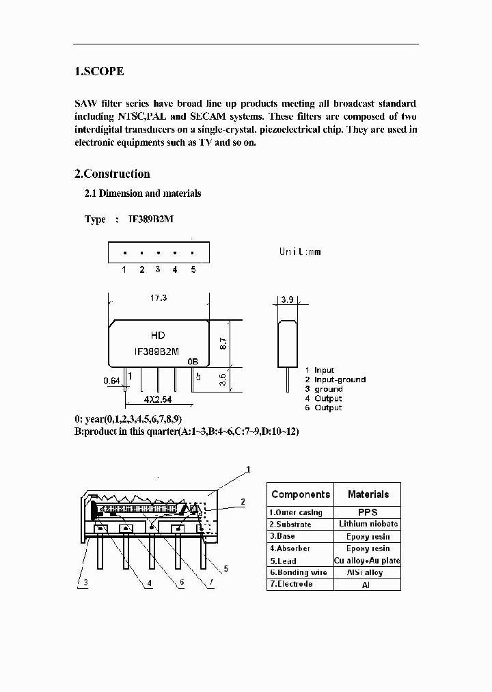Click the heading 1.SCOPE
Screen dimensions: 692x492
99,71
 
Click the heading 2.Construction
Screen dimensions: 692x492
112,174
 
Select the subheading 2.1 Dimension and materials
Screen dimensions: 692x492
143,194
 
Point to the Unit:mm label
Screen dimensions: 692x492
299,252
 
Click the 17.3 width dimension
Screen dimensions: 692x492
158,298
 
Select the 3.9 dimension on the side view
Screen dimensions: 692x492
286,300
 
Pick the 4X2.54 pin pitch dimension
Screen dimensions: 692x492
157,399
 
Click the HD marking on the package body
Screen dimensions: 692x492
157,336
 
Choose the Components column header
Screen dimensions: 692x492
300,494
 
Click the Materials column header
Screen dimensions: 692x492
368,494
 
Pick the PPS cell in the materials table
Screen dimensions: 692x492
368,512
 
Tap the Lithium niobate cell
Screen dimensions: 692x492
368,524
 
